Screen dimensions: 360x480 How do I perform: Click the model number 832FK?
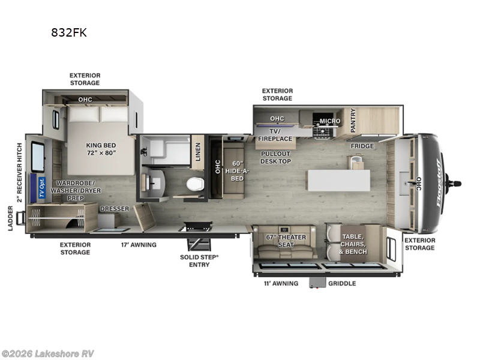point(69,33)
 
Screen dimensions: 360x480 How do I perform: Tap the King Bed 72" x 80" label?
point(100,148)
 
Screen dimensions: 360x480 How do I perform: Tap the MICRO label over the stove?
point(329,121)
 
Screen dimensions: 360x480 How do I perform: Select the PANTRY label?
point(353,121)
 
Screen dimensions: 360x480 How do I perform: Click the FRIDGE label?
point(362,146)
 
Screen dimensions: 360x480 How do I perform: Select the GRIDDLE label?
point(342,283)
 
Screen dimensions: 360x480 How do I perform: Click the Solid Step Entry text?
point(199,260)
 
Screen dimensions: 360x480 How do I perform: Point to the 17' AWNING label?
point(139,245)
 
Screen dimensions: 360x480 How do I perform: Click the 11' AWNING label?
point(280,283)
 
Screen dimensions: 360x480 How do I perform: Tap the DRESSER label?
point(114,208)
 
